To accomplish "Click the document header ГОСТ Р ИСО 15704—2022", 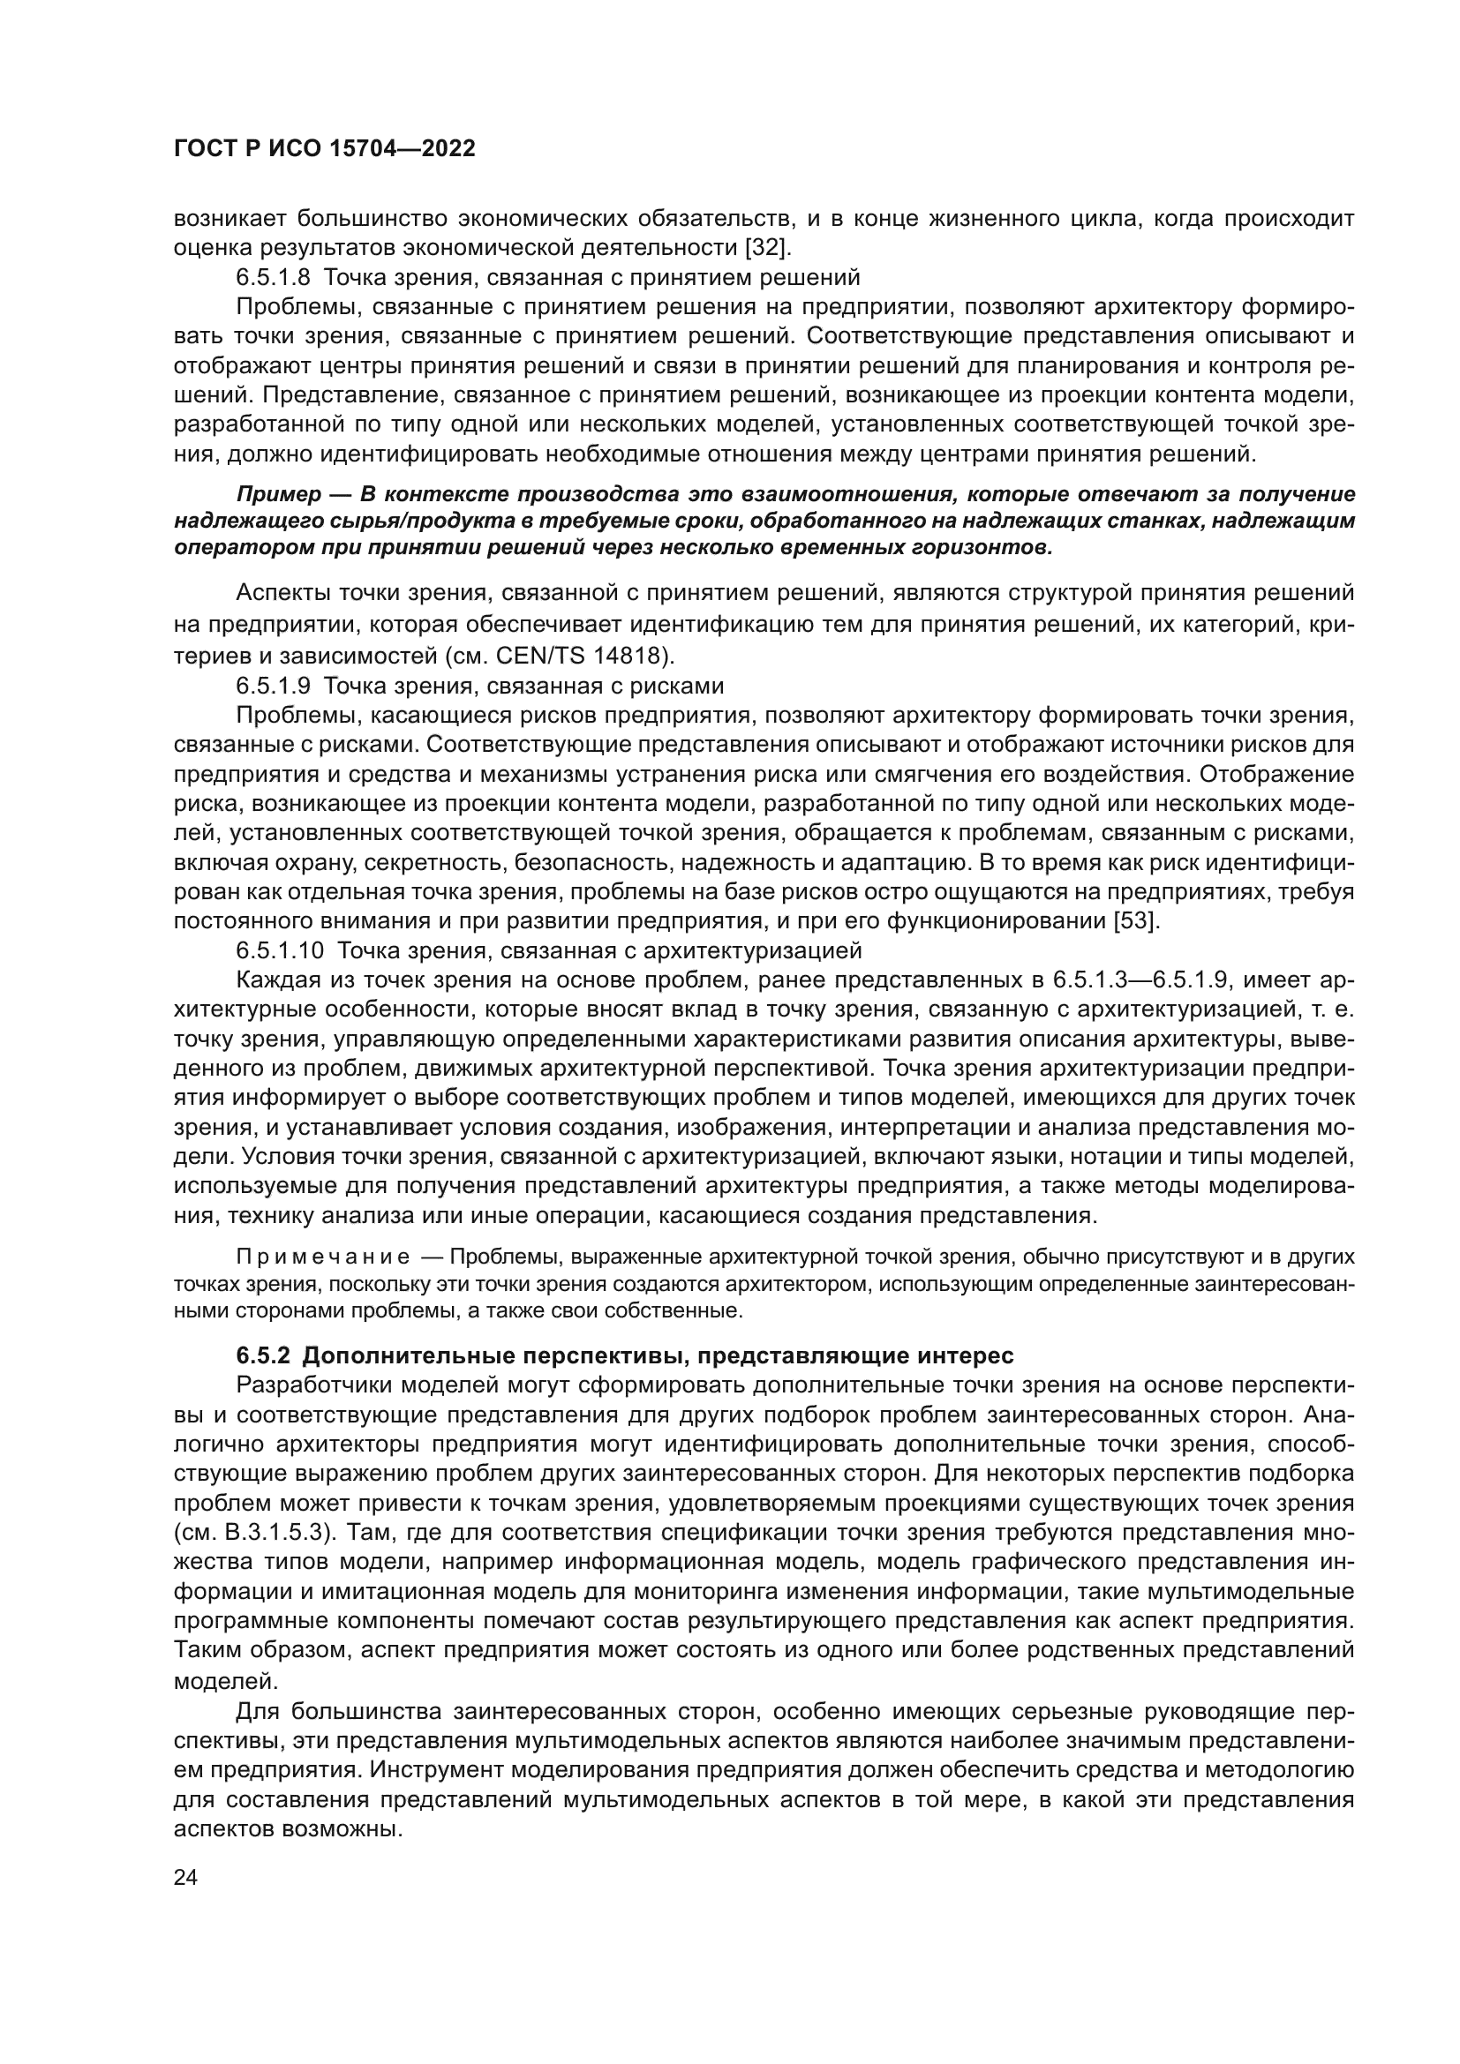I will tap(325, 149).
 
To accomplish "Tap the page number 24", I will tap(186, 1877).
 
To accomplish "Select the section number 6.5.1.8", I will tap(273, 277).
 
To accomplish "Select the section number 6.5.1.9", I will tap(273, 686).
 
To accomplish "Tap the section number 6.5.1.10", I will tap(279, 950).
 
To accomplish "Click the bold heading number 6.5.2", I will tap(263, 1355).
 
